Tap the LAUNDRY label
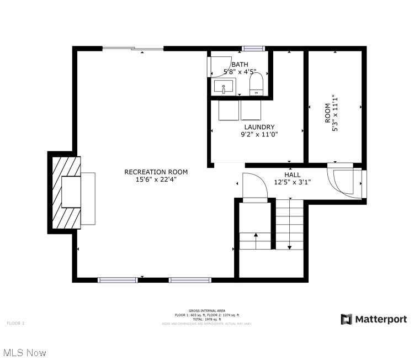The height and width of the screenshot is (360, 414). coord(259,127)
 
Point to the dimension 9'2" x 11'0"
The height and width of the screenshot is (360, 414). coord(259,134)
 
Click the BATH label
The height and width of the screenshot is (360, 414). coord(240,65)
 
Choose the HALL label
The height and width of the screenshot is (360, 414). coord(293,174)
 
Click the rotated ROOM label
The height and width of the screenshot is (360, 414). coord(327,113)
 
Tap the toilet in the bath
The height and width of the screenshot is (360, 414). coord(256,84)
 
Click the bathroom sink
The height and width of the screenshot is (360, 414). coord(224,87)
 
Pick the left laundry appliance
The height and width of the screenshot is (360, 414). coord(228,110)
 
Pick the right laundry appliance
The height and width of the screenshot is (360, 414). coord(252,110)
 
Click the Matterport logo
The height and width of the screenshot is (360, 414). coord(374,319)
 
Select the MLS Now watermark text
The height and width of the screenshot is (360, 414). coord(24,352)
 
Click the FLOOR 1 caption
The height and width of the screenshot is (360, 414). coord(15,322)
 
